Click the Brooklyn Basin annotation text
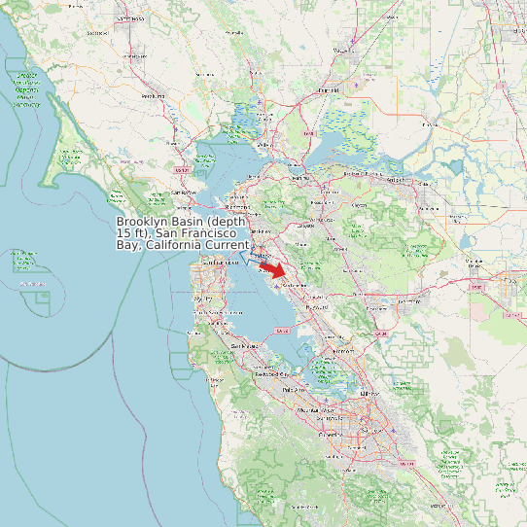click(x=181, y=233)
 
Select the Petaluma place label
click(x=153, y=96)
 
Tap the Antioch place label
click(x=396, y=179)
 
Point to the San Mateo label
click(x=245, y=346)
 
